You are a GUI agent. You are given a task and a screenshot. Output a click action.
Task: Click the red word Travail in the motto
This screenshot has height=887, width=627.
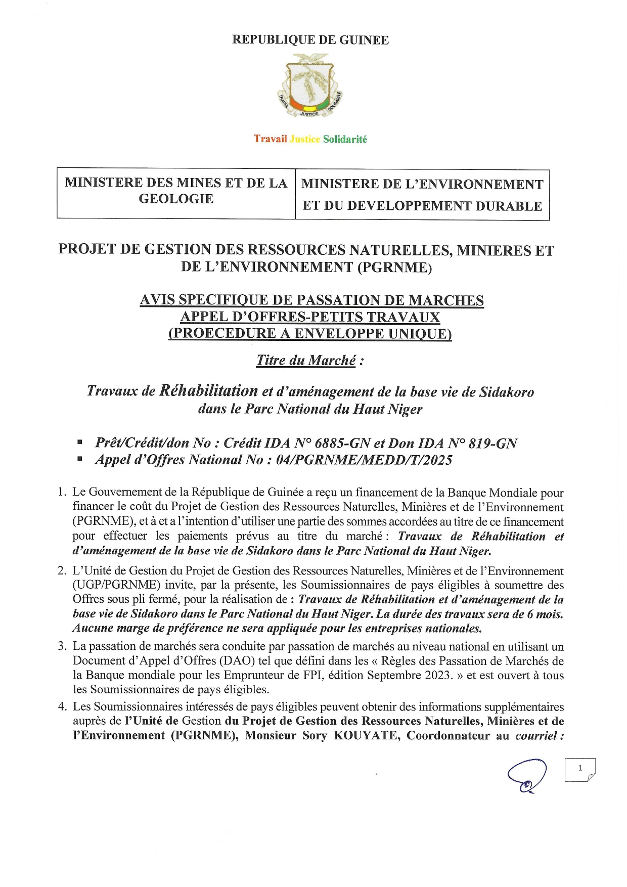click(270, 139)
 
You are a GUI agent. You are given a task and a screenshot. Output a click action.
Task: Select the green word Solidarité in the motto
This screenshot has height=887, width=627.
click(345, 139)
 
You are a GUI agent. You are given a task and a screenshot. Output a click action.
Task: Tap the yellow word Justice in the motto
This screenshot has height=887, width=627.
click(305, 139)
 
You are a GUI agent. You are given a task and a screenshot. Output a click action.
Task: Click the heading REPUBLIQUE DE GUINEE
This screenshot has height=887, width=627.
click(310, 40)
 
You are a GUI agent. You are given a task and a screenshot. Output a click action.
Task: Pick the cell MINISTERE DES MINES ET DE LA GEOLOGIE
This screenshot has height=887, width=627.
click(176, 191)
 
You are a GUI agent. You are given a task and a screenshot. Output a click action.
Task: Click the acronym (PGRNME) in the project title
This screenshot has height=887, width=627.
click(394, 267)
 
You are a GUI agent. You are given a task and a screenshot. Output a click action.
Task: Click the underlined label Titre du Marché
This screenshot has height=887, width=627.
click(306, 361)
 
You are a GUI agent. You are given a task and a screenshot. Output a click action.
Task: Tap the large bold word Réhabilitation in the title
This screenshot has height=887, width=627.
click(209, 390)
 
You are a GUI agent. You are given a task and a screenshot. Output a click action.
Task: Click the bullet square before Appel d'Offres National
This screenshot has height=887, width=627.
click(80, 460)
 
